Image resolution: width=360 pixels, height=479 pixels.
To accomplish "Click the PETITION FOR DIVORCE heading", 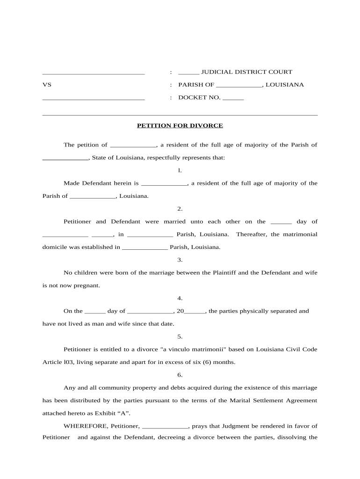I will click(180, 125).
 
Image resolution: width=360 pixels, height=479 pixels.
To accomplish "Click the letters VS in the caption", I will click(47, 85).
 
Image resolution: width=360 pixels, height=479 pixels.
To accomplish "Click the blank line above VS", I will click(94, 73).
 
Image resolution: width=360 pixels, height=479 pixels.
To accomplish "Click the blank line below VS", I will click(94, 99).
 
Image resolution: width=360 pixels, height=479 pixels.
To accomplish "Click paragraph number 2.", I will click(180, 209).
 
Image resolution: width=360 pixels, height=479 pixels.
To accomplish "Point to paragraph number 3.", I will click(180, 260).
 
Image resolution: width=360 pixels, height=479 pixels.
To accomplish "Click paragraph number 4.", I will click(180, 298).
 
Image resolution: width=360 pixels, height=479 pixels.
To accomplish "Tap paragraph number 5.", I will click(180, 336).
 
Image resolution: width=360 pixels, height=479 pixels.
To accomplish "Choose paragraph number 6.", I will click(180, 375).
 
